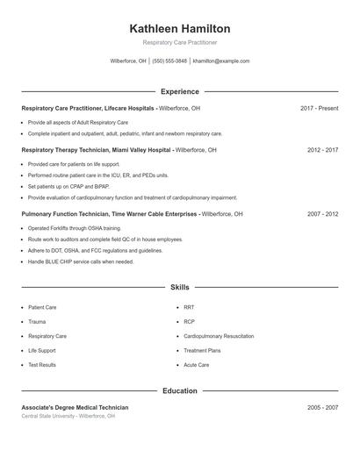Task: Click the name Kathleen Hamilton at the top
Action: pos(179,28)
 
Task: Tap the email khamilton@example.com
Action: pos(221,61)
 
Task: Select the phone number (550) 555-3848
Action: pos(169,61)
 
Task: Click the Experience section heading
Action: pos(179,91)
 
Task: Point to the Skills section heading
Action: pos(179,287)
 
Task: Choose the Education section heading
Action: pos(179,390)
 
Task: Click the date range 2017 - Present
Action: pos(319,108)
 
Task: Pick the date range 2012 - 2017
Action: pos(322,150)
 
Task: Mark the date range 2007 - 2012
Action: pos(322,213)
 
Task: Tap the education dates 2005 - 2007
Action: pos(322,407)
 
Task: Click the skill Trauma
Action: pos(37,322)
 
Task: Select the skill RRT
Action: pos(189,308)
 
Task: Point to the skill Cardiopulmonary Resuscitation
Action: pos(219,336)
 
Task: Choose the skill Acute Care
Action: pos(196,364)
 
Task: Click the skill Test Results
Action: pos(41,364)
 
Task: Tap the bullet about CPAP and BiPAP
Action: pos(68,186)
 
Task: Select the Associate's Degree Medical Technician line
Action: pos(75,407)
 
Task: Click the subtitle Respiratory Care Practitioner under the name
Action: pos(179,42)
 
